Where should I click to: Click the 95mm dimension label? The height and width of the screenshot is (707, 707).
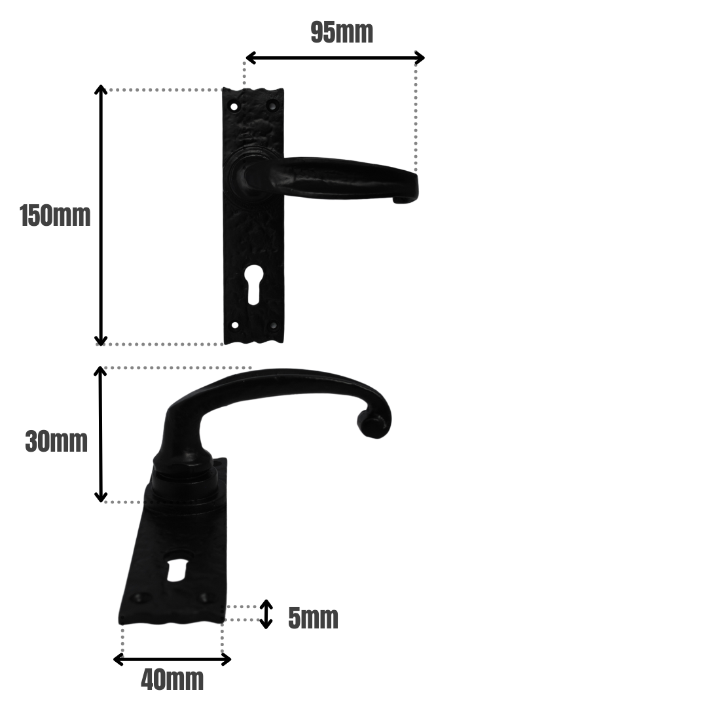pyautogui.click(x=342, y=33)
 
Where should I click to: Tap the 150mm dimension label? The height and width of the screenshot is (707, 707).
pyautogui.click(x=55, y=216)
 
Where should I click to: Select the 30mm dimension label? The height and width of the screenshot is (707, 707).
pyautogui.click(x=56, y=442)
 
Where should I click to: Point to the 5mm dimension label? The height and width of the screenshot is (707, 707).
pyautogui.click(x=313, y=618)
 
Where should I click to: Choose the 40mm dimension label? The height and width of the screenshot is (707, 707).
pyautogui.click(x=172, y=680)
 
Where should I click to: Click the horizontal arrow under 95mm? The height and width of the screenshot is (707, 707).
pyautogui.click(x=335, y=58)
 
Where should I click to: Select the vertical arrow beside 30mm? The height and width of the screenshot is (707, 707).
pyautogui.click(x=100, y=434)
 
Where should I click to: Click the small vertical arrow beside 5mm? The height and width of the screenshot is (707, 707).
pyautogui.click(x=265, y=614)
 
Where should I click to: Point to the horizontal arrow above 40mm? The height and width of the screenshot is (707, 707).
pyautogui.click(x=172, y=659)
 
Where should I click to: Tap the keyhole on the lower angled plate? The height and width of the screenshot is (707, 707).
pyautogui.click(x=177, y=568)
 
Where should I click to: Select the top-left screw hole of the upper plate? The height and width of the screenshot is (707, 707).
pyautogui.click(x=234, y=106)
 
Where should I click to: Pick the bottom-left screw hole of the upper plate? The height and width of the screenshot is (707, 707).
pyautogui.click(x=235, y=325)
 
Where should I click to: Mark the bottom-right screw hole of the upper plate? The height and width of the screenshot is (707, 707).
pyautogui.click(x=273, y=325)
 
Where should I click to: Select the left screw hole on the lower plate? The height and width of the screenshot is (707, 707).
pyautogui.click(x=139, y=598)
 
